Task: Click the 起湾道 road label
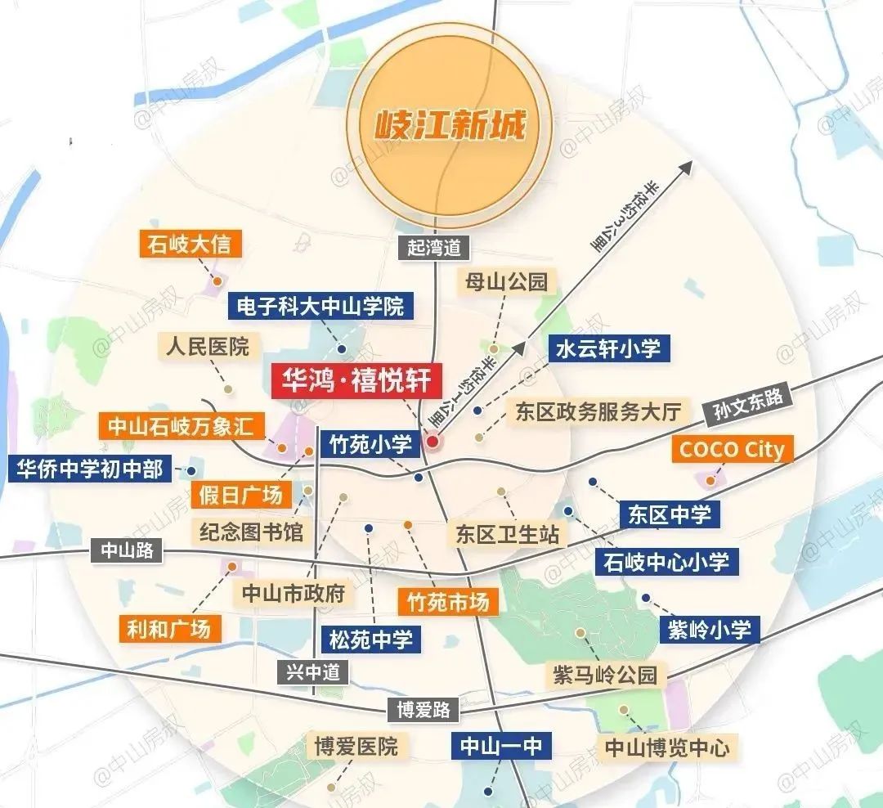pos(434,247)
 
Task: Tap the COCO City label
pos(732,449)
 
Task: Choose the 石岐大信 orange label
pos(190,244)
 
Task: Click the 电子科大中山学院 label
pos(320,307)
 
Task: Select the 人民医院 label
pos(207,346)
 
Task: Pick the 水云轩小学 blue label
pos(607,349)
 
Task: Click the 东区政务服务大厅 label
pos(598,411)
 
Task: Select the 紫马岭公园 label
pos(604,675)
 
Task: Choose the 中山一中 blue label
pos(500,745)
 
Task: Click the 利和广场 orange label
pos(169,627)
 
